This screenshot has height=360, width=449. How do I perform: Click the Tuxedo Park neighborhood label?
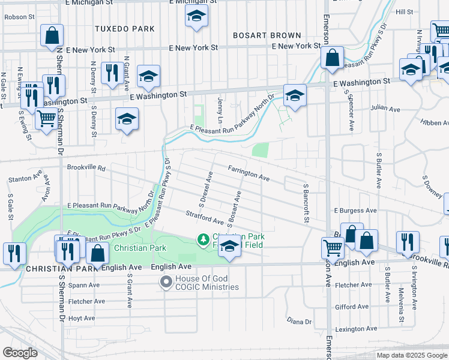(x=124, y=29)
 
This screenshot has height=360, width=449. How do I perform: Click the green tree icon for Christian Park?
(x=203, y=240)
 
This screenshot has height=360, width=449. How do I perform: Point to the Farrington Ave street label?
(x=249, y=173)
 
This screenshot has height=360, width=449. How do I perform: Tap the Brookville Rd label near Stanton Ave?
(x=86, y=169)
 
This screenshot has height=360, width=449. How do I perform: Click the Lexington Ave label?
(x=355, y=329)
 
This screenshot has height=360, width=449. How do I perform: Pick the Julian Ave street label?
(x=385, y=109)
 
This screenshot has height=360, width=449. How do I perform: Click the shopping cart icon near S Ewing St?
(x=46, y=118)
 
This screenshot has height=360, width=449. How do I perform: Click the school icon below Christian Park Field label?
(x=229, y=246)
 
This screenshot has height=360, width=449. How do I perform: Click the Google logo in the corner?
(x=20, y=353)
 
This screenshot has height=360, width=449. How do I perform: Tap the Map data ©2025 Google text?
(x=411, y=355)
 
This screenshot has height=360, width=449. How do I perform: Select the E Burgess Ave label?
(x=355, y=211)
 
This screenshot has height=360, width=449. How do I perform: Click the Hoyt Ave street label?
(x=82, y=318)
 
